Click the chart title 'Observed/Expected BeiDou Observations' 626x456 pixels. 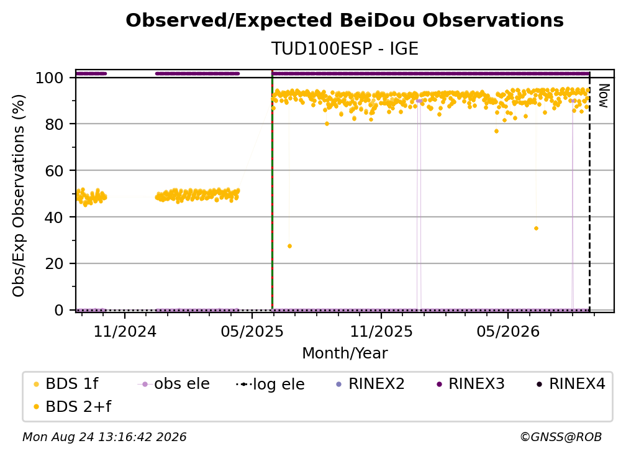pos(345,21)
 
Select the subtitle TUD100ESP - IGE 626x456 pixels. pos(345,48)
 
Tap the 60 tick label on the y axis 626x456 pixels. pos(54,171)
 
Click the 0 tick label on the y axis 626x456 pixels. pos(59,310)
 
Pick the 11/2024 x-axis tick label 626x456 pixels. pos(125,331)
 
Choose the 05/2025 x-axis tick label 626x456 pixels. pos(252,331)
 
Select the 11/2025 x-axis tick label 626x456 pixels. pos(381,331)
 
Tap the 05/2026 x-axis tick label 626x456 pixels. pos(508,331)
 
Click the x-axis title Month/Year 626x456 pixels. pos(345,353)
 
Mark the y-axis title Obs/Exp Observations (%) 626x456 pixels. pos(19,196)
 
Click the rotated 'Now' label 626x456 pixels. pos(604,96)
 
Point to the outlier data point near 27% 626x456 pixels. pos(289,246)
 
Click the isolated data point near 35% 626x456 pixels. pos(536,229)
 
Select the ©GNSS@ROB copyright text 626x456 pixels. pos(561,437)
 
